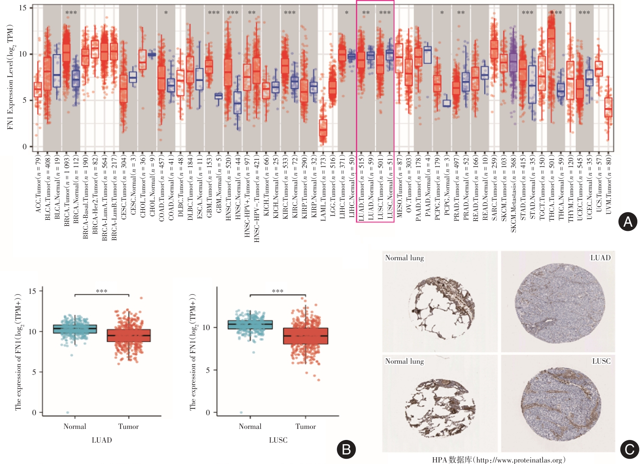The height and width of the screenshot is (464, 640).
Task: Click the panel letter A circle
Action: (628, 222)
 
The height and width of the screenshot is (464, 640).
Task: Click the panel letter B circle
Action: (346, 449)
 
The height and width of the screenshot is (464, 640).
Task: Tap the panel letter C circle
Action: (629, 449)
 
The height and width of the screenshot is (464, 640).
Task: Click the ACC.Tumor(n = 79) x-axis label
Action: (38, 184)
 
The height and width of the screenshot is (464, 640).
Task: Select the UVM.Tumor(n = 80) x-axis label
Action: (609, 184)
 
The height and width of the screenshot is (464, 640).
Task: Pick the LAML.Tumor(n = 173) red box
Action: (323, 127)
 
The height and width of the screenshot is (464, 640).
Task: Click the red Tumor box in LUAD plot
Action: (129, 335)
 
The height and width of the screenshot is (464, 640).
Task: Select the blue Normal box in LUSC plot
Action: (250, 325)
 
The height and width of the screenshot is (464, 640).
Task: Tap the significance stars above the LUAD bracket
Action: (102, 292)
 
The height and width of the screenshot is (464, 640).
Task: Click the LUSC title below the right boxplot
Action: (278, 440)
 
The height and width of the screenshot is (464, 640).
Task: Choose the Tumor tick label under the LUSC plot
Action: (306, 427)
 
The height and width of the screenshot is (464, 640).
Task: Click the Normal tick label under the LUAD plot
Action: (75, 427)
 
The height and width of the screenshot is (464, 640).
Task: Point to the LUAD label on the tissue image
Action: (600, 258)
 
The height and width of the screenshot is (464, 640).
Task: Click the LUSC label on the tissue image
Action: (601, 361)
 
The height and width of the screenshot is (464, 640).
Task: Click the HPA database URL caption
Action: (499, 460)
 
